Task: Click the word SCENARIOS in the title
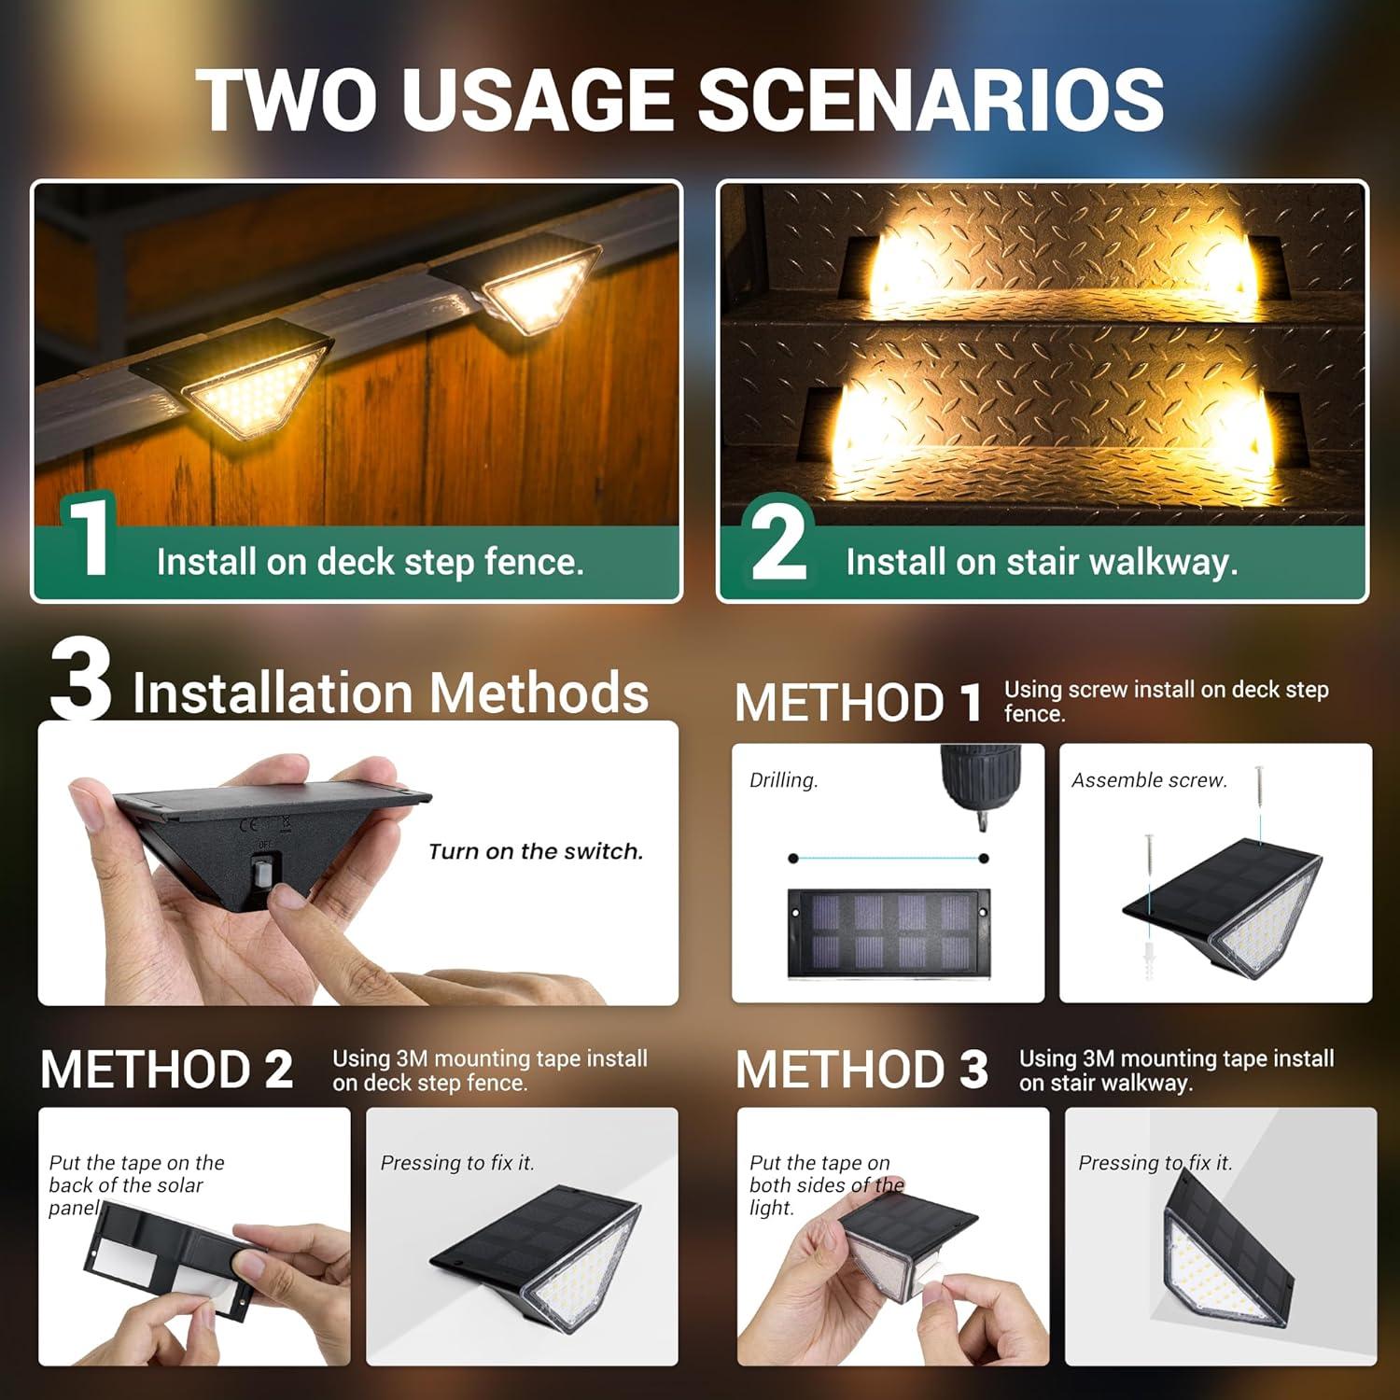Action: (931, 100)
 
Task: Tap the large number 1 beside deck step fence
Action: (91, 539)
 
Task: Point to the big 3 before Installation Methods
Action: (80, 679)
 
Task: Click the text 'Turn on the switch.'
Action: (536, 851)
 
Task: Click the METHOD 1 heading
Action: (858, 702)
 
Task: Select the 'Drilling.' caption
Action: (783, 780)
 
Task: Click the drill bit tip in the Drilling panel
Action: (981, 825)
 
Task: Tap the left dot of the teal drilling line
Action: (793, 858)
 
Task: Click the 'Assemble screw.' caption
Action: (1149, 780)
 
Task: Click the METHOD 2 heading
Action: (167, 1070)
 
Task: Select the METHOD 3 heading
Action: (861, 1070)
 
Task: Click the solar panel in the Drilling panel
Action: (883, 933)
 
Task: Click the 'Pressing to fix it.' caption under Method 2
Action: (456, 1163)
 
